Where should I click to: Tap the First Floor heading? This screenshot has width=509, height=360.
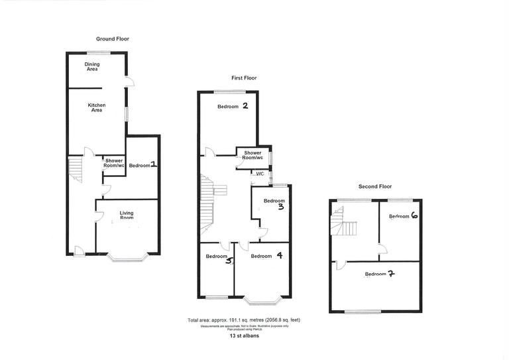(244, 78)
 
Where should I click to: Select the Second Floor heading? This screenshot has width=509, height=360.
(376, 186)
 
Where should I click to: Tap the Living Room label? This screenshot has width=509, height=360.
(127, 215)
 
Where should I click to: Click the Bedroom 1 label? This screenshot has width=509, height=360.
(142, 165)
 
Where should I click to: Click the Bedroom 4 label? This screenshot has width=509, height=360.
(266, 255)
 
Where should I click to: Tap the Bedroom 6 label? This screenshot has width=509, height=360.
(403, 216)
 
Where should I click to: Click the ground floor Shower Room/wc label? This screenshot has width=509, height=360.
(114, 162)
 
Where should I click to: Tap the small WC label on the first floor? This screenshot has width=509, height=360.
(260, 174)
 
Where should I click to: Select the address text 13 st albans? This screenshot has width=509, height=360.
(245, 336)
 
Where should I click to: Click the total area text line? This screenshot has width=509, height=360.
(247, 320)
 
